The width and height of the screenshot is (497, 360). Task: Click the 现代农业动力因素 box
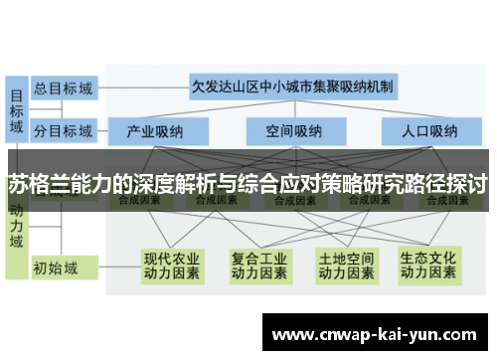tap(172, 263)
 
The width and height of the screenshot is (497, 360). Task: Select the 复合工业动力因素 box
tap(258, 263)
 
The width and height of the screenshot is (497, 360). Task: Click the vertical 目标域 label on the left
tap(17, 109)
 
